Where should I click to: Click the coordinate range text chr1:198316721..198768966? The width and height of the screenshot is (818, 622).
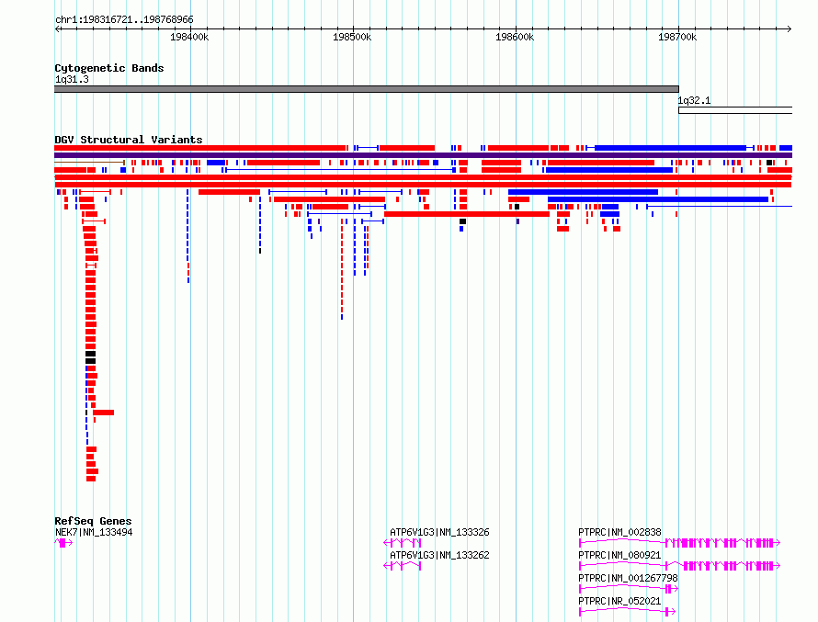tap(124, 20)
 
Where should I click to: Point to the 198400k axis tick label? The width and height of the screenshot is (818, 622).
tap(189, 37)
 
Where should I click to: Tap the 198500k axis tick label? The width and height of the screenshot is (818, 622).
tap(352, 37)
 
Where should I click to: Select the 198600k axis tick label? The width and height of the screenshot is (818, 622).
tap(515, 37)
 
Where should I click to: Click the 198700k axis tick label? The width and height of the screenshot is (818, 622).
tap(677, 37)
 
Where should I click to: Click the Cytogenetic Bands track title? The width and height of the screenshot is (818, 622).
tap(109, 68)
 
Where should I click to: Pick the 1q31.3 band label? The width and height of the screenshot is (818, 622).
tap(72, 80)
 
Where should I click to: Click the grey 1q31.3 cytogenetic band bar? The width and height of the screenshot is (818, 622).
tap(367, 89)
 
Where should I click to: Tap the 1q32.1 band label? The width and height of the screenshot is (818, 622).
tap(694, 101)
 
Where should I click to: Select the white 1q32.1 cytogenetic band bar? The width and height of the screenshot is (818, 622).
tap(735, 110)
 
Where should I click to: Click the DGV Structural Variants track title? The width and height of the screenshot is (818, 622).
tap(129, 140)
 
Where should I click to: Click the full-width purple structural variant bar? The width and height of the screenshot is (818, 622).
tap(423, 155)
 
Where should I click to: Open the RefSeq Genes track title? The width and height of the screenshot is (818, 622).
tap(93, 521)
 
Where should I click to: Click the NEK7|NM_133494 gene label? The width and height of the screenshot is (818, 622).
tap(94, 532)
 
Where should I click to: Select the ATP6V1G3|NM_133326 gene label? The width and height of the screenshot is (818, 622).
tap(439, 532)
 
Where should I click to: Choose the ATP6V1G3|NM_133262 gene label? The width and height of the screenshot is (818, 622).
tap(439, 555)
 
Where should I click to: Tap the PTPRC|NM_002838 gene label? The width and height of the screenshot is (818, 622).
tap(619, 532)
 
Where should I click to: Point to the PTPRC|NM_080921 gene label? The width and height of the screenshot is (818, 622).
tap(619, 555)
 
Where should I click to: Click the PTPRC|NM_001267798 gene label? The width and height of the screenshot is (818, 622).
tap(628, 578)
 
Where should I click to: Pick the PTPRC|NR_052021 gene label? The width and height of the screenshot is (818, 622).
tap(619, 601)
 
